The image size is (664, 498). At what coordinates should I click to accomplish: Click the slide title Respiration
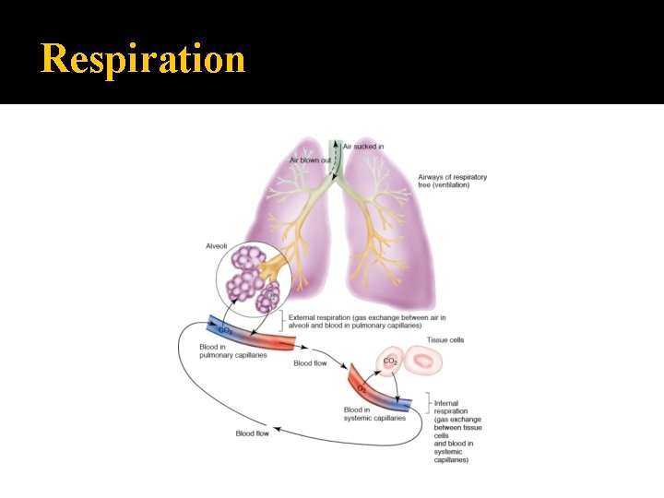click(143, 59)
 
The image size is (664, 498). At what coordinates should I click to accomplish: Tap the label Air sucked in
click(363, 147)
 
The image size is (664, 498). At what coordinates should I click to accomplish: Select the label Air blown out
click(310, 160)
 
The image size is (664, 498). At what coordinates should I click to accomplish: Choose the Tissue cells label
click(445, 340)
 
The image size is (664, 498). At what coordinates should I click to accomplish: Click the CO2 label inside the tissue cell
click(390, 361)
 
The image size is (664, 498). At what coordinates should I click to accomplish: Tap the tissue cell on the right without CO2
click(430, 362)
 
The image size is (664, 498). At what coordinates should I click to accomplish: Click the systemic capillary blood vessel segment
click(379, 388)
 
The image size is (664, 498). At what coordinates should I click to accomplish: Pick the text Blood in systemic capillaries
click(373, 413)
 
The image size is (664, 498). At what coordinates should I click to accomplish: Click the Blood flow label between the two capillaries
click(310, 363)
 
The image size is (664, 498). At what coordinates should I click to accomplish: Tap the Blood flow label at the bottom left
click(252, 433)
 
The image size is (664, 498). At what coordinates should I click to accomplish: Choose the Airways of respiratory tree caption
click(452, 181)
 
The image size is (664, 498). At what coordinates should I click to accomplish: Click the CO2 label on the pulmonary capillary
click(225, 329)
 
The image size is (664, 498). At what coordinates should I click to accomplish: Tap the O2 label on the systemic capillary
click(361, 388)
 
